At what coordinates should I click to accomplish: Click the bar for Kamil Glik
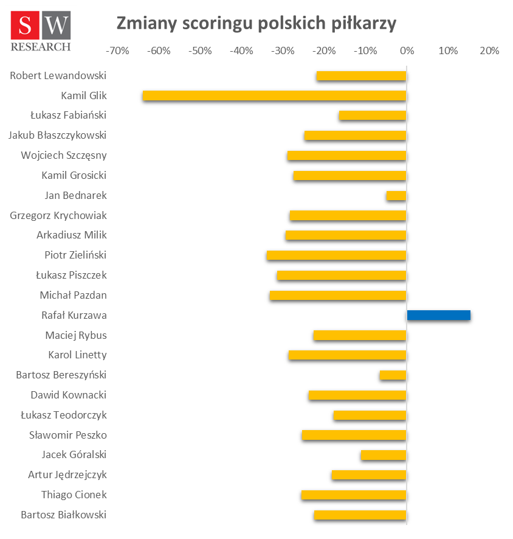click(x=274, y=96)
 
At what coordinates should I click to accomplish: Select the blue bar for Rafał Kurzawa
click(x=438, y=315)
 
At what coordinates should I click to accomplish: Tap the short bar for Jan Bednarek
click(x=396, y=195)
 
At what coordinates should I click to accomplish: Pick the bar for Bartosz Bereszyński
click(x=393, y=375)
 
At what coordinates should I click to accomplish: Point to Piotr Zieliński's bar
click(x=336, y=255)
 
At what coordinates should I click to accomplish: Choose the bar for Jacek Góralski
click(x=383, y=454)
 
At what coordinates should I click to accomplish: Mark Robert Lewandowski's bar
click(x=361, y=75)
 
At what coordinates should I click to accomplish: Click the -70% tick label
click(x=117, y=51)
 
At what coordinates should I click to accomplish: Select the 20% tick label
click(x=489, y=51)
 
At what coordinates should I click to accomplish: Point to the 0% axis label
click(x=407, y=51)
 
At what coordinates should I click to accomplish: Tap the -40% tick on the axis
click(x=241, y=51)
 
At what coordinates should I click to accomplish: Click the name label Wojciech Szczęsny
click(x=64, y=155)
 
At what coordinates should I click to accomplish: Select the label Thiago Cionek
click(x=74, y=495)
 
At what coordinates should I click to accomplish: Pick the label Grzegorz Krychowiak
click(x=58, y=215)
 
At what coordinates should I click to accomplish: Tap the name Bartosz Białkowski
click(x=64, y=515)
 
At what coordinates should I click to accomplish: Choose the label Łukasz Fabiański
click(x=68, y=115)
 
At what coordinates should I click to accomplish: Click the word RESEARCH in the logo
click(x=41, y=46)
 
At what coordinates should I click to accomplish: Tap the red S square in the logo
click(x=26, y=26)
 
